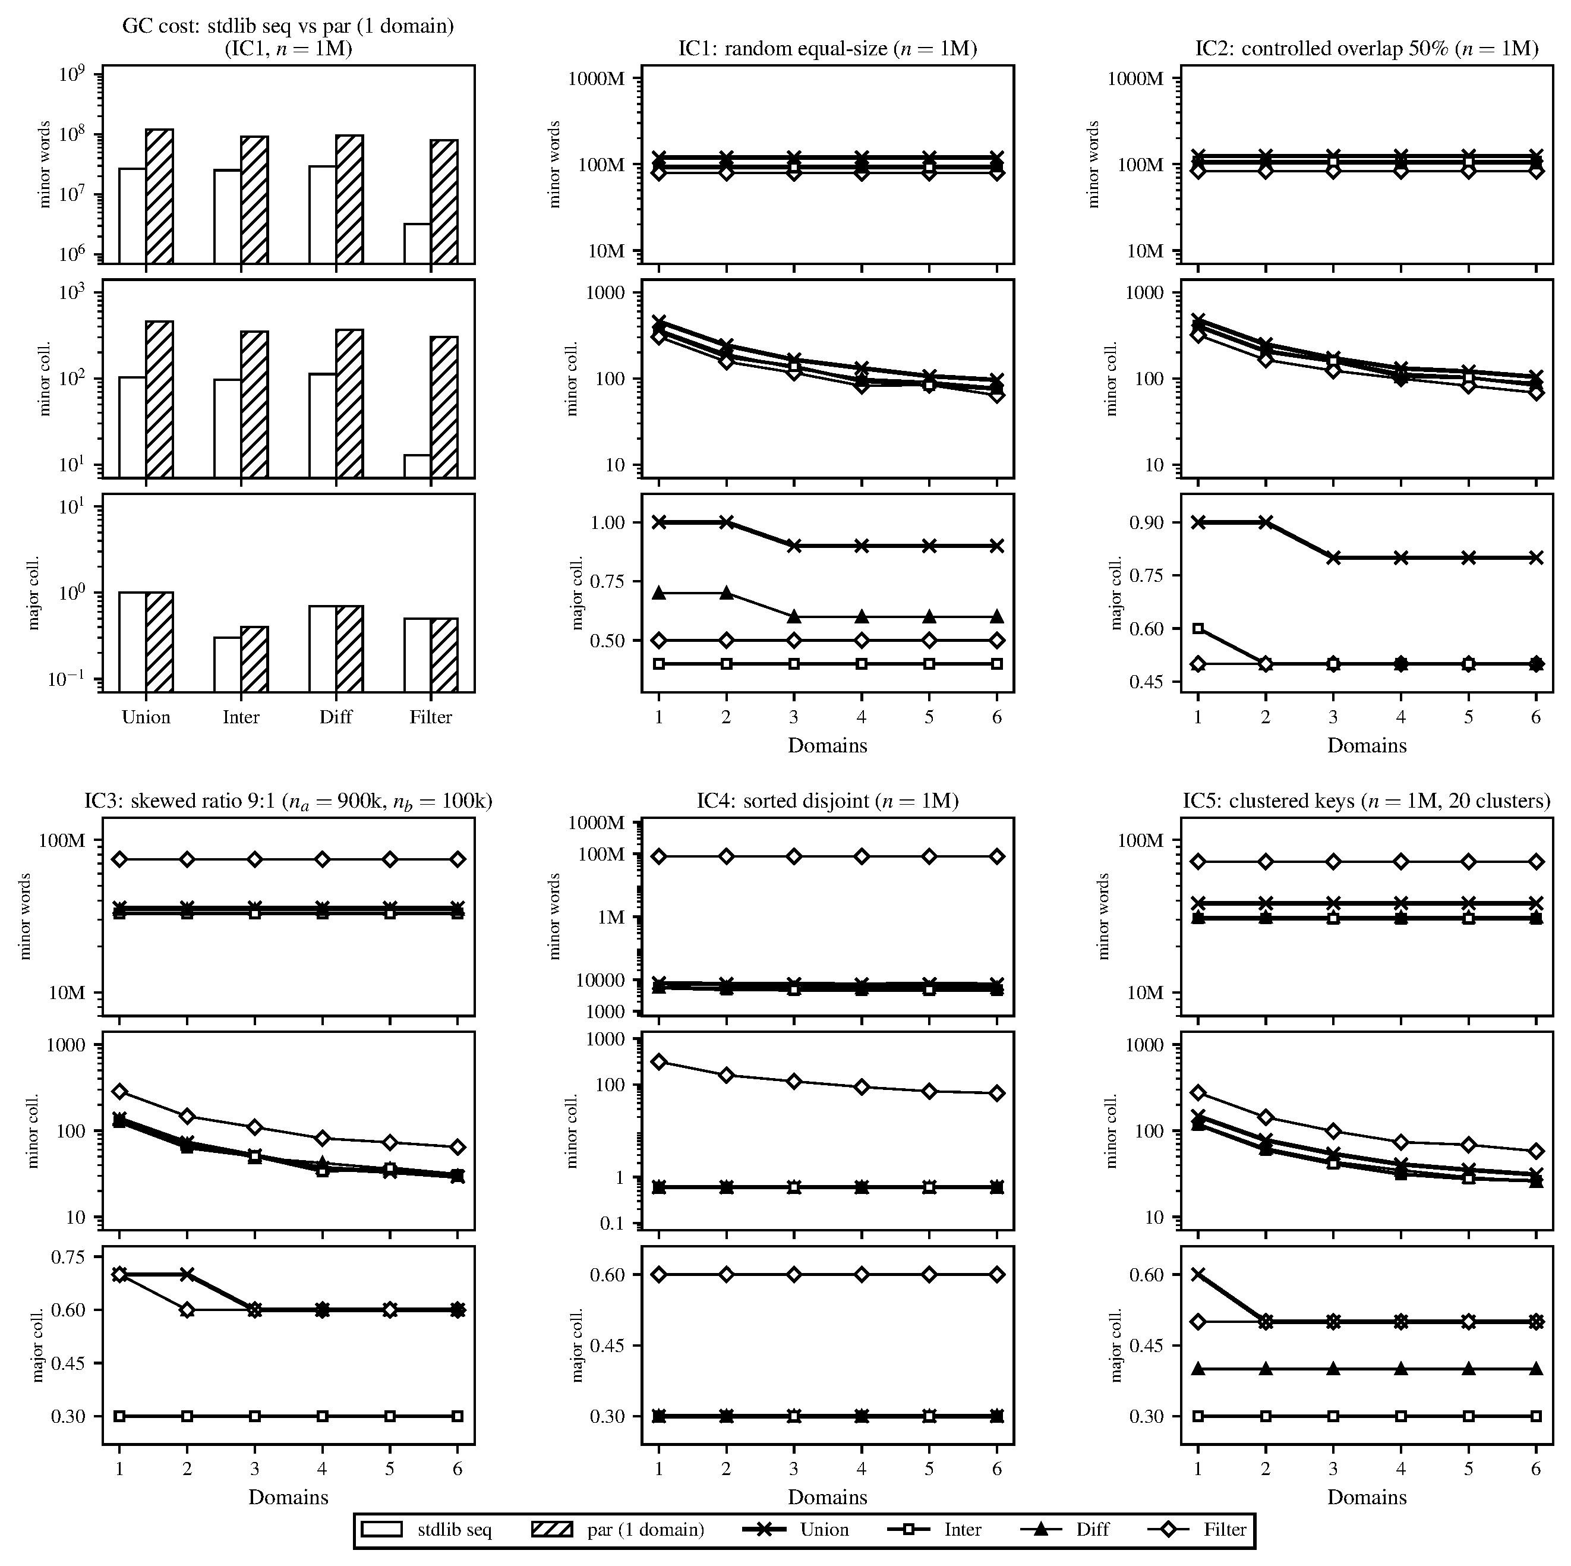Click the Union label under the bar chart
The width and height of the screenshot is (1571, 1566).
click(x=146, y=717)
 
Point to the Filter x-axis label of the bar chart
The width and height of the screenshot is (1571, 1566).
click(x=430, y=717)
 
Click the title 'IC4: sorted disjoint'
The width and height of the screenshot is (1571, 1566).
click(x=827, y=801)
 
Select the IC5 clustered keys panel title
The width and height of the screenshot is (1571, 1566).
click(x=1366, y=801)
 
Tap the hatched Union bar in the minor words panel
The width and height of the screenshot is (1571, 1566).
click(x=159, y=196)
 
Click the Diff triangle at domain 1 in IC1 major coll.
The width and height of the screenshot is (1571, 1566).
click(x=659, y=593)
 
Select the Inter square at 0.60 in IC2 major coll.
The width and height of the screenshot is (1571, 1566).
click(x=1198, y=628)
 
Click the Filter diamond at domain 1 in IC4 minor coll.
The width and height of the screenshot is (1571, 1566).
click(x=659, y=1061)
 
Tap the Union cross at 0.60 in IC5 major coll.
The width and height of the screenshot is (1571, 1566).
click(x=1198, y=1275)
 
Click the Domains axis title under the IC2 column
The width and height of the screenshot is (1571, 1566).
click(x=1366, y=745)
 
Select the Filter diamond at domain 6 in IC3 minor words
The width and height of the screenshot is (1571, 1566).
click(x=458, y=859)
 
